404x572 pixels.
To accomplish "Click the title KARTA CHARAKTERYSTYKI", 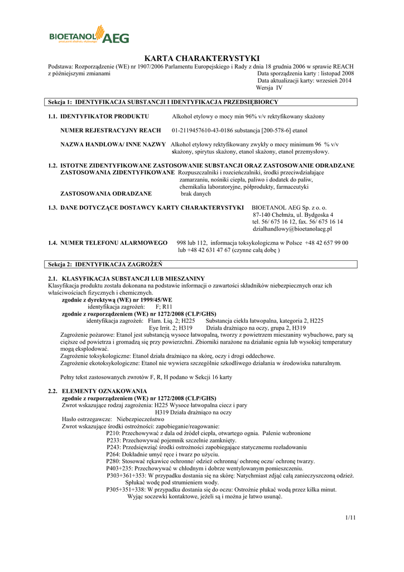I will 202,58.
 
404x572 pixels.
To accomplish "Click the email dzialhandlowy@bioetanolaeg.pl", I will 292,229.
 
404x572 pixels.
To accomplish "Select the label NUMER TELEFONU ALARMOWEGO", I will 114,243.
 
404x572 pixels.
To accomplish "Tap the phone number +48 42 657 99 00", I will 326,243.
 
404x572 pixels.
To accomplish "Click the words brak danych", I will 196,194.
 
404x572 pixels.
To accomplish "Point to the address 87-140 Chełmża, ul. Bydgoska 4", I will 293,214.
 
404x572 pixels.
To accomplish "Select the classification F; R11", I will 163,307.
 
